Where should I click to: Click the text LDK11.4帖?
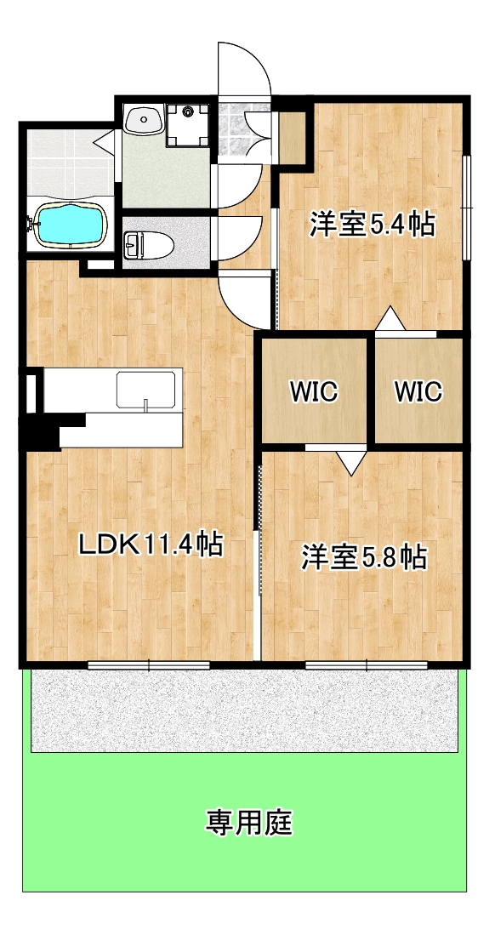coord(151,543)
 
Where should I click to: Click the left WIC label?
coord(314,392)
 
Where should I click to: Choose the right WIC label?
coord(418,392)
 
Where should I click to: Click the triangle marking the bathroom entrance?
coord(107,138)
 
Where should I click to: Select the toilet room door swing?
coord(241,238)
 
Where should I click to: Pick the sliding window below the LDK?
coord(148,664)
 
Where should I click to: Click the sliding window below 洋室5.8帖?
coord(366,664)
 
